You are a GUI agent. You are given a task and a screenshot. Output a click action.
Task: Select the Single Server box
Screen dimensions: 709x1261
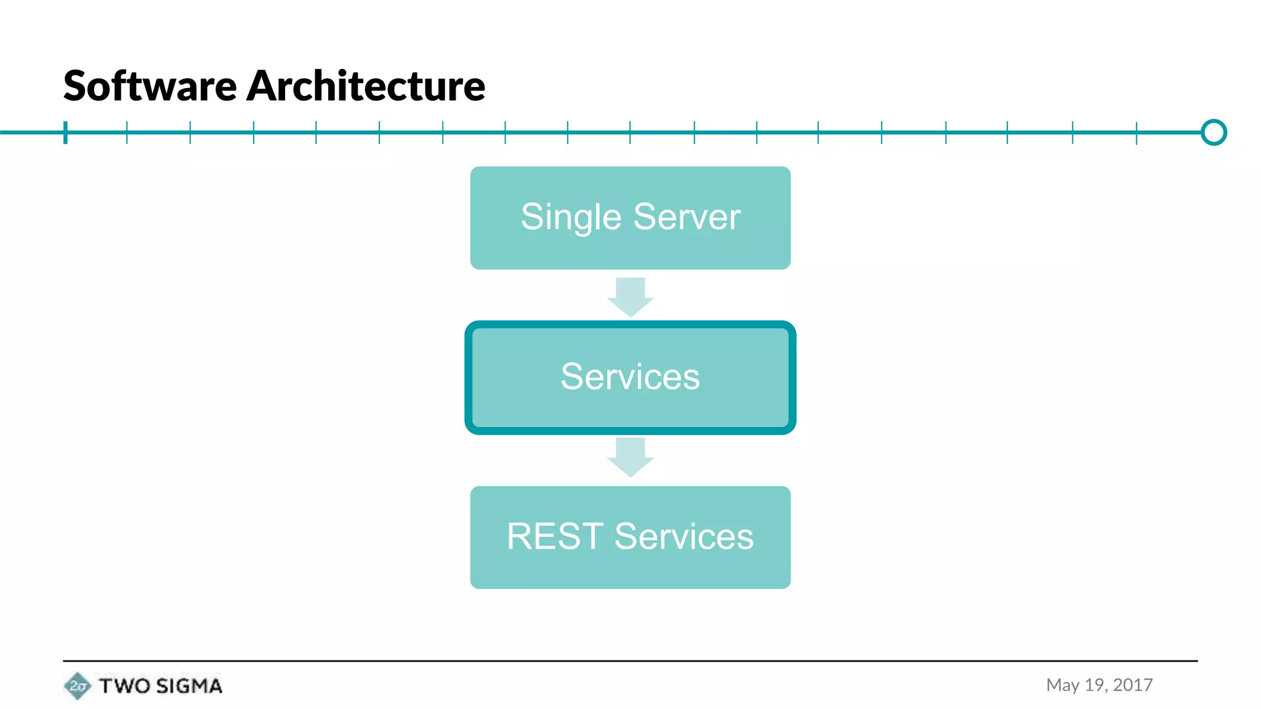coord(630,217)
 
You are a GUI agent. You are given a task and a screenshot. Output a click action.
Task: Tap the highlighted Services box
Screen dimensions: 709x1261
coord(630,377)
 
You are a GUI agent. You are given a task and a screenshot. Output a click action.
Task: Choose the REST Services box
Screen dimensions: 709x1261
coord(630,537)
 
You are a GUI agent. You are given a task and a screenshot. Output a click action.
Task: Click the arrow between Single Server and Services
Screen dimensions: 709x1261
coord(630,297)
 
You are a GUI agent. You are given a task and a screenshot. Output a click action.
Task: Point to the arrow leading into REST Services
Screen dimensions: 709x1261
coord(630,457)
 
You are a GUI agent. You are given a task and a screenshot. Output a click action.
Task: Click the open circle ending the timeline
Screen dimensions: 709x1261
coord(1214,132)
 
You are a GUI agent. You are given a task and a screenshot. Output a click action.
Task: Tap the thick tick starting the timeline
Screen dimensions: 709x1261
coord(65,132)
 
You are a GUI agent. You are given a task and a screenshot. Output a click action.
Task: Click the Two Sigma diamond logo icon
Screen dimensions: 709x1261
coord(77,686)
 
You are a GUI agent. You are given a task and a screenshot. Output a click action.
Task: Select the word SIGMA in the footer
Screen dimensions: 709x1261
coord(188,686)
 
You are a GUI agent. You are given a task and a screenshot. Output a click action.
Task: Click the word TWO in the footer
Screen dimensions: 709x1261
coord(124,686)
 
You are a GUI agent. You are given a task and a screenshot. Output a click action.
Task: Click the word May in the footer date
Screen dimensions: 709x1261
coord(1062,685)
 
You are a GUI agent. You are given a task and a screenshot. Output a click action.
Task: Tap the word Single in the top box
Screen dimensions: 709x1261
coord(571,217)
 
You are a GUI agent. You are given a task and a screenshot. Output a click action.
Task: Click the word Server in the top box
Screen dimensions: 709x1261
coord(687,217)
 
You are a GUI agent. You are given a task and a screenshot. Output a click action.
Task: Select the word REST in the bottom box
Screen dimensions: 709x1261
coord(554,536)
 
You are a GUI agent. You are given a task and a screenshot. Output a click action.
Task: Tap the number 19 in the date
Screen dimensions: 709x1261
coord(1095,685)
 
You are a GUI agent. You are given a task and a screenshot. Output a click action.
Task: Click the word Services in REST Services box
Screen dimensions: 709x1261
coord(683,536)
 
